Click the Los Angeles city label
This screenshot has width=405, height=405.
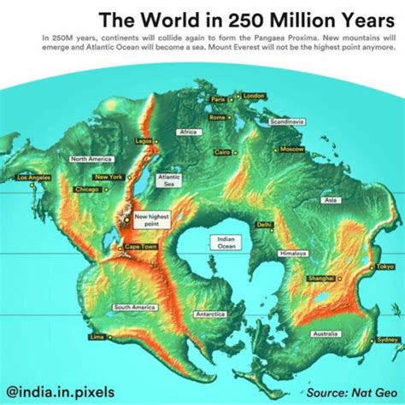coord(32,177)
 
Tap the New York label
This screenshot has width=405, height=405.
coord(109,177)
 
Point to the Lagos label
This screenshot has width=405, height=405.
coord(143,140)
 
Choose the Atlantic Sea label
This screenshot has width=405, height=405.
coord(167,180)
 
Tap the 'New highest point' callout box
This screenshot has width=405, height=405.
coord(147,220)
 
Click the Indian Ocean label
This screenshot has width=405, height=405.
coord(226,243)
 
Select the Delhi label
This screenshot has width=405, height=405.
coord(264,225)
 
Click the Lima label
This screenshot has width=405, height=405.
coord(97,337)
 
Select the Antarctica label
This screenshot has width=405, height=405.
coord(210,314)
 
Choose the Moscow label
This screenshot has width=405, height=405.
coord(291,149)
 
